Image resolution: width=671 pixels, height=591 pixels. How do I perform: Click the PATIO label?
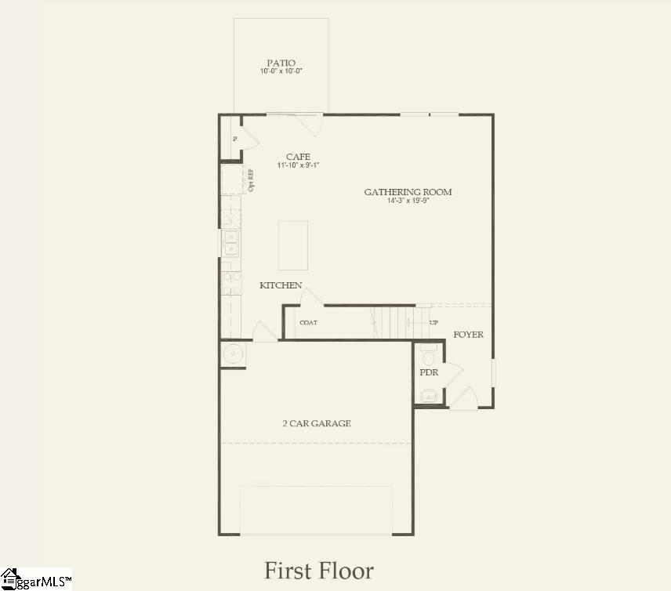pos(281,63)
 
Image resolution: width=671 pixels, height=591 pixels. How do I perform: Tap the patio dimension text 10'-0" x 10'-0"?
pos(281,71)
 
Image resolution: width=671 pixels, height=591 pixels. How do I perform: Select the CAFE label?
pos(298,157)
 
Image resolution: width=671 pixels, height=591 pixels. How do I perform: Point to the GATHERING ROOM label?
pos(408,192)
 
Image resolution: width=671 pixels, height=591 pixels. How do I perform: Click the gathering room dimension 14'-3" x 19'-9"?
pos(408,201)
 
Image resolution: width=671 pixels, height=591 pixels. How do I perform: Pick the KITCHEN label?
pos(281,285)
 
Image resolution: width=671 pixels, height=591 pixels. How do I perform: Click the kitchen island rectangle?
pos(293,245)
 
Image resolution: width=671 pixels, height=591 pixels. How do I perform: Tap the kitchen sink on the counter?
pos(230,243)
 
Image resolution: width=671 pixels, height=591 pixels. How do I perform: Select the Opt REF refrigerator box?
pos(233,179)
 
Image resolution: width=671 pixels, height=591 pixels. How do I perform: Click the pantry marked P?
pos(234,139)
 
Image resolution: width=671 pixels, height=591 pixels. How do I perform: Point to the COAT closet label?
pos(308,323)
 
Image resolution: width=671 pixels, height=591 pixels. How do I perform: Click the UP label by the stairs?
pos(433,322)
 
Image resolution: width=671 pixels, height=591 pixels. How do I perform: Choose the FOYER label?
pos(469,335)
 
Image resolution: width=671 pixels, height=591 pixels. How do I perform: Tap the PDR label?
pos(429,372)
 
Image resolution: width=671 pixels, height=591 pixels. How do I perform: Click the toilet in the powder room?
pos(427,352)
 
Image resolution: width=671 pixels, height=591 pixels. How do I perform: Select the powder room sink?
pos(428,397)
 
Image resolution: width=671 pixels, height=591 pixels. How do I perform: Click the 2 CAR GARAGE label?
pos(317,423)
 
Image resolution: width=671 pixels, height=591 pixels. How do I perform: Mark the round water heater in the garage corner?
pos(233,354)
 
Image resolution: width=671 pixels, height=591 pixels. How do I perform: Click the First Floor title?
pos(319,570)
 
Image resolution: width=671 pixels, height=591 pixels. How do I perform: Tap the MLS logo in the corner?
pos(35,579)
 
